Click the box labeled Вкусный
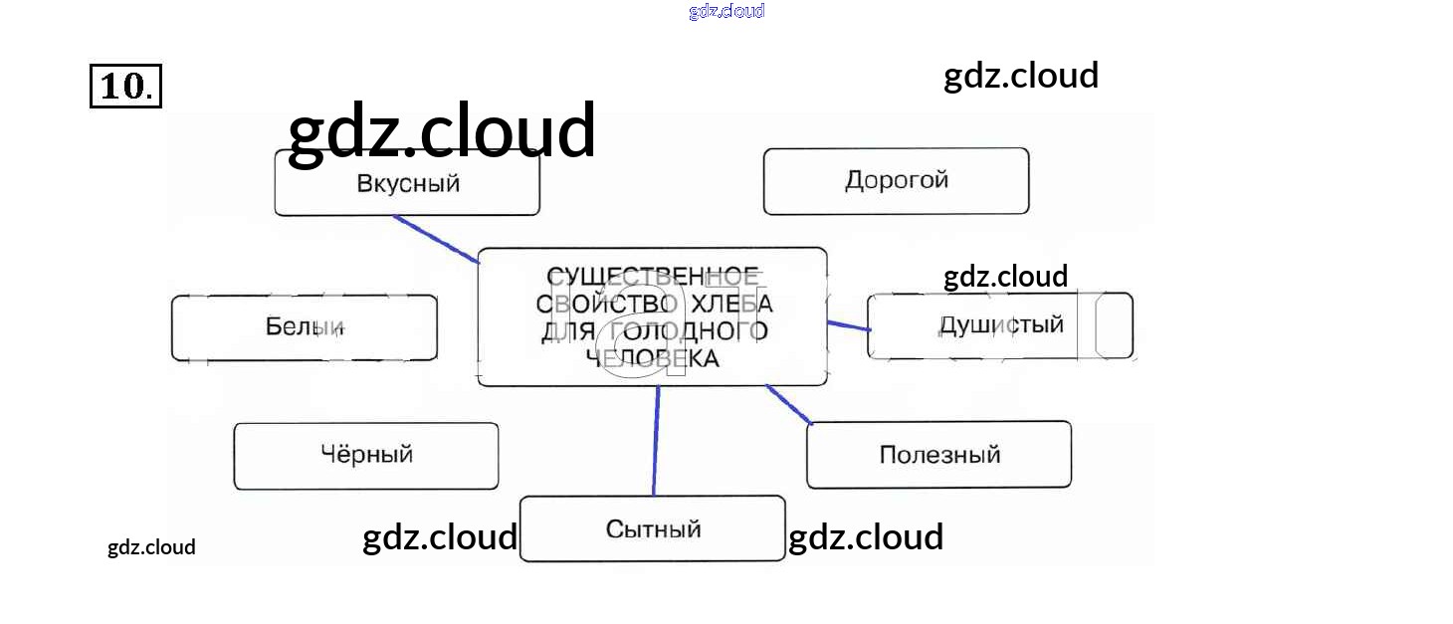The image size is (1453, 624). tap(407, 184)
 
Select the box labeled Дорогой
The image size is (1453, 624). tap(896, 181)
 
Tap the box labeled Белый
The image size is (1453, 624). tap(304, 326)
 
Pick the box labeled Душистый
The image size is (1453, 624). tap(999, 325)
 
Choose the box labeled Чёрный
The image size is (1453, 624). tap(365, 456)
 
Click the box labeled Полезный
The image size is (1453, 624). tap(938, 455)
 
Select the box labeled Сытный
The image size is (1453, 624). tap(652, 528)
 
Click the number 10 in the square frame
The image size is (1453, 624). tap(125, 87)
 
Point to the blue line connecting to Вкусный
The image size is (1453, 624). tap(436, 240)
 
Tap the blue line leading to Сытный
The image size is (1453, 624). tap(656, 440)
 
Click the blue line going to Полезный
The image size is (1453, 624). tap(788, 404)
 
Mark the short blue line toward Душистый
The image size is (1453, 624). tap(849, 324)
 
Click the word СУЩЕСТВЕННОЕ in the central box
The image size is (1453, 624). tap(652, 276)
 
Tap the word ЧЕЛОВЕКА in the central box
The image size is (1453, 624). tap(652, 358)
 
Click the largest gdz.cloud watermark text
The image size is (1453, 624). tap(441, 132)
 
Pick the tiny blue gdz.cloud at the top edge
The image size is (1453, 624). tap(726, 11)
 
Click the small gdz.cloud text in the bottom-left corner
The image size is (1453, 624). tap(151, 547)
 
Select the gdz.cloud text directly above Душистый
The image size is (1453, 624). tap(1005, 276)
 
